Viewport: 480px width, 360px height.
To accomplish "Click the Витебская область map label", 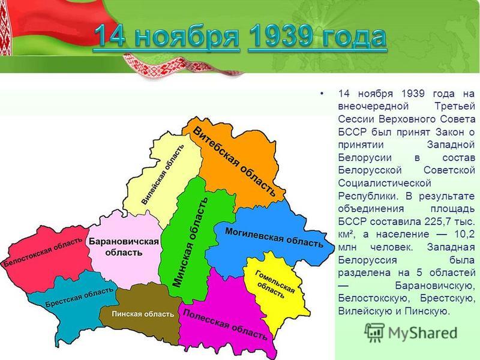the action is pyautogui.click(x=234, y=162).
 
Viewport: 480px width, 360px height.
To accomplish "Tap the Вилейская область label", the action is pyautogui.click(x=163, y=174).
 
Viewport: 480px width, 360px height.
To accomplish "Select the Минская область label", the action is pyautogui.click(x=190, y=242).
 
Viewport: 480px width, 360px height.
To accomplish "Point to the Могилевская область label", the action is pyautogui.click(x=274, y=237).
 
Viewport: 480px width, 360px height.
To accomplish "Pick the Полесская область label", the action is pyautogui.click(x=225, y=324).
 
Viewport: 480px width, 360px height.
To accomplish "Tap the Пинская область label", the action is pyautogui.click(x=143, y=314).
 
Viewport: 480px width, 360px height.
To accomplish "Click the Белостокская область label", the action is pyautogui.click(x=42, y=252).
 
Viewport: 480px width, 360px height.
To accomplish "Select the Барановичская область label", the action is pyautogui.click(x=124, y=247).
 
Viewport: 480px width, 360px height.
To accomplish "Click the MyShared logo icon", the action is pyautogui.click(x=374, y=332).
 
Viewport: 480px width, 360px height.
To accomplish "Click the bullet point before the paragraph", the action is pyautogui.click(x=321, y=94).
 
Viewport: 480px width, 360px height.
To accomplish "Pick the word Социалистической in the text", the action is pyautogui.click(x=384, y=183).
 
